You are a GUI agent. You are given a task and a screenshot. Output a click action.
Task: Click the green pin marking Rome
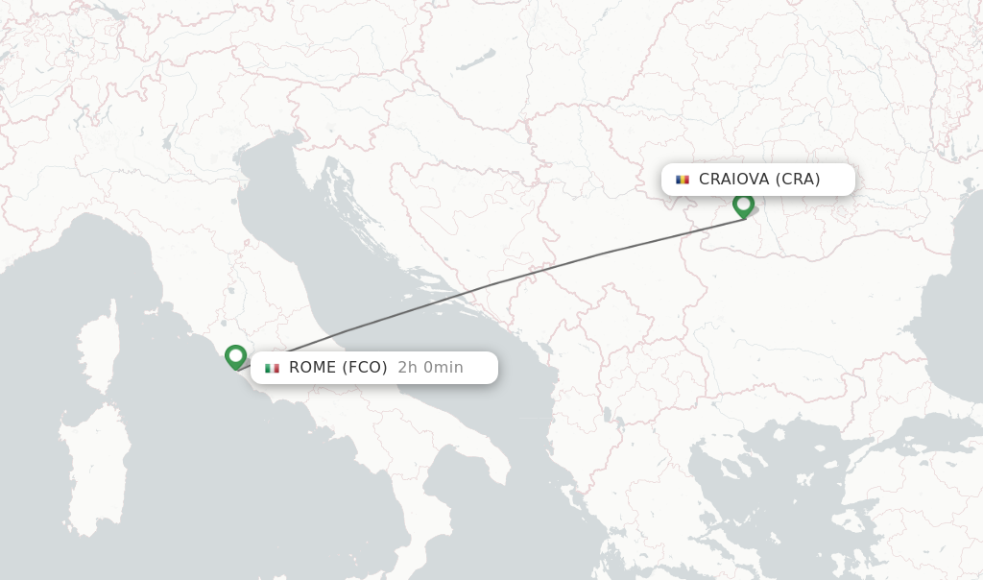pos(235,356)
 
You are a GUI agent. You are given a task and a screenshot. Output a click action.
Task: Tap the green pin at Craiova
pos(743,205)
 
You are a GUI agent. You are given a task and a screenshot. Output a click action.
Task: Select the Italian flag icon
pos(273,368)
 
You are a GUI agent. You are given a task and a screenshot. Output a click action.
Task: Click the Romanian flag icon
pos(683,180)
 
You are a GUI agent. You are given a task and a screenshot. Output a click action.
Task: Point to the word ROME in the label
pos(312,368)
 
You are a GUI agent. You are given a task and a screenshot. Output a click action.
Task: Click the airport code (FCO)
pos(365,368)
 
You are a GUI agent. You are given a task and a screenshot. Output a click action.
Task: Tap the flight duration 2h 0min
pos(430,368)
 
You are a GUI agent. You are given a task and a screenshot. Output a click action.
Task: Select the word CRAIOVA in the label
pos(734,180)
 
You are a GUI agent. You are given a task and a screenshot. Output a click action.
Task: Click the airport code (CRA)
pos(798,180)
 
